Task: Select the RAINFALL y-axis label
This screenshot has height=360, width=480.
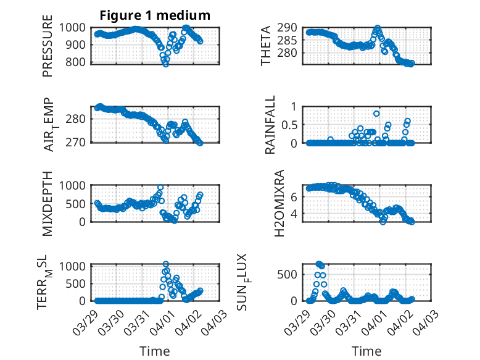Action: tap(270, 125)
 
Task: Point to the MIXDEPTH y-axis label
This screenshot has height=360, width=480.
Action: tap(48, 203)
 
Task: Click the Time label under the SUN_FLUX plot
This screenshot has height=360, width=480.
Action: tap(366, 351)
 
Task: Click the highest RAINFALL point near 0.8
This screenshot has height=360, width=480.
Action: tap(376, 114)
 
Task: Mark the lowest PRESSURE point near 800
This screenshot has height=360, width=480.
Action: tap(165, 64)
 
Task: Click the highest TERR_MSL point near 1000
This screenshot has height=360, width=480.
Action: tap(166, 264)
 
